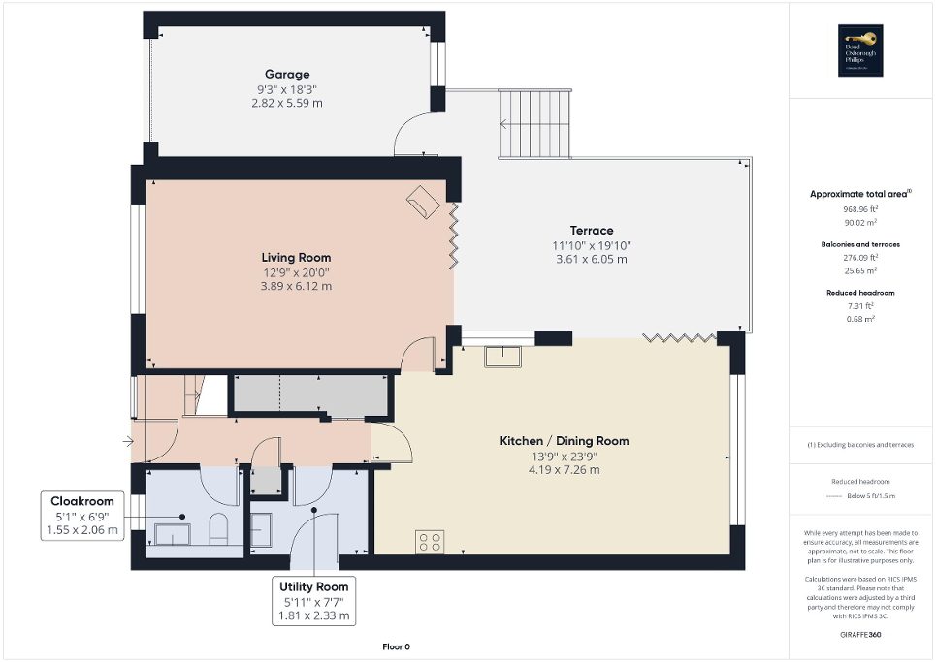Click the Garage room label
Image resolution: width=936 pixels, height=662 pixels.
(x=287, y=74)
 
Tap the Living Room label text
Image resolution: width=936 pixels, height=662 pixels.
(x=296, y=257)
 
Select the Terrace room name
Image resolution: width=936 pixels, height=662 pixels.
(x=591, y=230)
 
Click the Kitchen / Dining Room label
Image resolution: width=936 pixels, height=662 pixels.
(x=564, y=441)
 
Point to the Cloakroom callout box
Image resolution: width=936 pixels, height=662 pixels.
(x=83, y=516)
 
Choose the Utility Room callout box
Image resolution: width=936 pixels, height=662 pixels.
(x=313, y=601)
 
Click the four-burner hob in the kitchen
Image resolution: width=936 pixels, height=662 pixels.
(x=429, y=542)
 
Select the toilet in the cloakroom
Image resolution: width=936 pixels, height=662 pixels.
(x=218, y=529)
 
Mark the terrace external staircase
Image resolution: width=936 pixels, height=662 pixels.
(x=534, y=123)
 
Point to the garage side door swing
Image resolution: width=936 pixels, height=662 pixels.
(x=414, y=135)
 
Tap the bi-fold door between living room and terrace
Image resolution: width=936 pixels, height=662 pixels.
(x=452, y=233)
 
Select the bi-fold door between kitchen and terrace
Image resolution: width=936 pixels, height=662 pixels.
(x=680, y=337)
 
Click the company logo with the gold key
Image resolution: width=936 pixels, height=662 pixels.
(x=860, y=50)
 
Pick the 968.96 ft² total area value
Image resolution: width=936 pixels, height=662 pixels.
(x=860, y=208)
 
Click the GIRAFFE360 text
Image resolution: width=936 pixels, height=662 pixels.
(x=860, y=634)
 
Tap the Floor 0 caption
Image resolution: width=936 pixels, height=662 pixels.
(x=397, y=646)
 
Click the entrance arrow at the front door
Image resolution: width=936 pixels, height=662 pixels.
(x=130, y=442)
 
